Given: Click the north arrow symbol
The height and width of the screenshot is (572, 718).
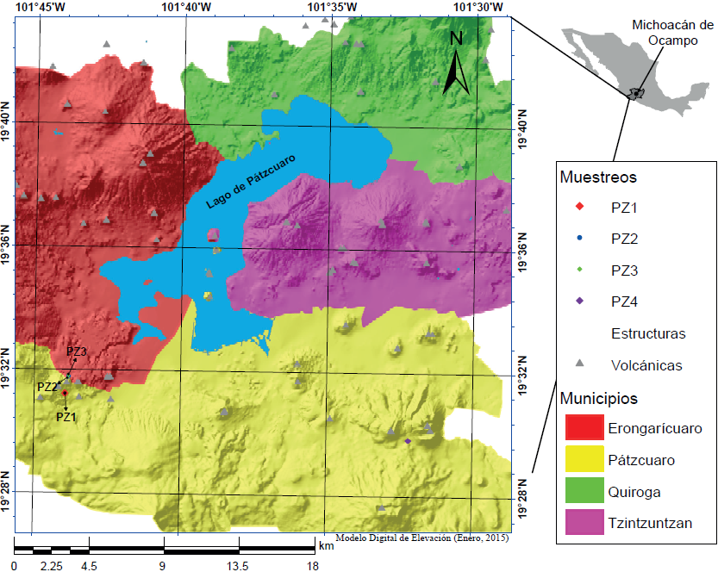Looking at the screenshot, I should [457, 65].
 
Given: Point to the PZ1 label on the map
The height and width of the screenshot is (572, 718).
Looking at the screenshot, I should [66, 416].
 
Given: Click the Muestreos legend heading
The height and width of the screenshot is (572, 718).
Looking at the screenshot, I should [598, 177].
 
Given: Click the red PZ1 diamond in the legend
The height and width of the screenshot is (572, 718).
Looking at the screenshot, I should [580, 207].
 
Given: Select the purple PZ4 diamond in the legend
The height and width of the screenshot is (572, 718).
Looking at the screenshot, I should [580, 302].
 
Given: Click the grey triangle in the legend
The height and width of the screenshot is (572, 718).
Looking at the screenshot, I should [580, 364].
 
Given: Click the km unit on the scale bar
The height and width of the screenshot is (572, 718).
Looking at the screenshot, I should [326, 545].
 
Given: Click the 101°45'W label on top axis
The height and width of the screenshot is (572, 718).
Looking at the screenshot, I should [41, 7].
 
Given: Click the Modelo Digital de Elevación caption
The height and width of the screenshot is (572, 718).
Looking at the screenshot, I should [421, 538].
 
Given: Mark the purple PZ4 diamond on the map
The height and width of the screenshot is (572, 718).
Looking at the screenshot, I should [408, 441].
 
